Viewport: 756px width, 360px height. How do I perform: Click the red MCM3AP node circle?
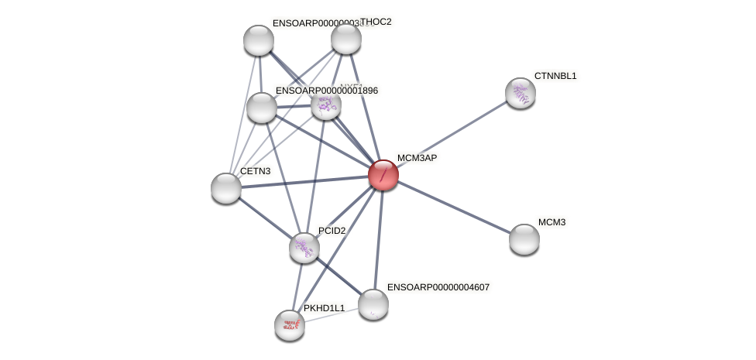pyautogui.click(x=383, y=175)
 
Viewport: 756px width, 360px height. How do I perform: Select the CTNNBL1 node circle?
pyautogui.click(x=521, y=93)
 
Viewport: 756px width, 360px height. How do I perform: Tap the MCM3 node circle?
pyautogui.click(x=524, y=239)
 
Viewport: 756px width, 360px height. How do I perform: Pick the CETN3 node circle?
pyautogui.click(x=226, y=188)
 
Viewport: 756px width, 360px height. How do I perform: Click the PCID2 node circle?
pyautogui.click(x=304, y=248)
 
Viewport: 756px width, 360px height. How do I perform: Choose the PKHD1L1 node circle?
pyautogui.click(x=290, y=325)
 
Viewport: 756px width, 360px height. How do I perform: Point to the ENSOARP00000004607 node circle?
pyautogui.click(x=373, y=304)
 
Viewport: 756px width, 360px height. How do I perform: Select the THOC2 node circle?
pyautogui.click(x=346, y=39)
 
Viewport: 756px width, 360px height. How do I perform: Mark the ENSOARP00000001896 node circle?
pyautogui.click(x=262, y=108)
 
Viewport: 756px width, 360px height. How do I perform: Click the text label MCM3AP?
pyautogui.click(x=417, y=158)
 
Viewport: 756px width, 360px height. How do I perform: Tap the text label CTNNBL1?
pyautogui.click(x=555, y=76)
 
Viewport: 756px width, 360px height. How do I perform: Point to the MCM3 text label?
pyautogui.click(x=552, y=222)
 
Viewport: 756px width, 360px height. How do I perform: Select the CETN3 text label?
pyautogui.click(x=255, y=171)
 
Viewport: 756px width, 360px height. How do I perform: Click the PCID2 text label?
pyautogui.click(x=332, y=231)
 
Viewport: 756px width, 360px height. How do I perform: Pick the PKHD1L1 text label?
pyautogui.click(x=324, y=308)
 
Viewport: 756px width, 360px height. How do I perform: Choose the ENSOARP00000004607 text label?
pyautogui.click(x=438, y=287)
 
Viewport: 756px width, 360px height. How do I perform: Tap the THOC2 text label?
pyautogui.click(x=376, y=22)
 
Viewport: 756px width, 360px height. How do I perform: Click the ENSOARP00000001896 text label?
pyautogui.click(x=327, y=91)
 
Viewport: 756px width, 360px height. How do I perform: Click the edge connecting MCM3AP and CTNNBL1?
pyautogui.click(x=452, y=134)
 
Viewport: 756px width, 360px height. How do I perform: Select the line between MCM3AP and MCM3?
pyautogui.click(x=454, y=207)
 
